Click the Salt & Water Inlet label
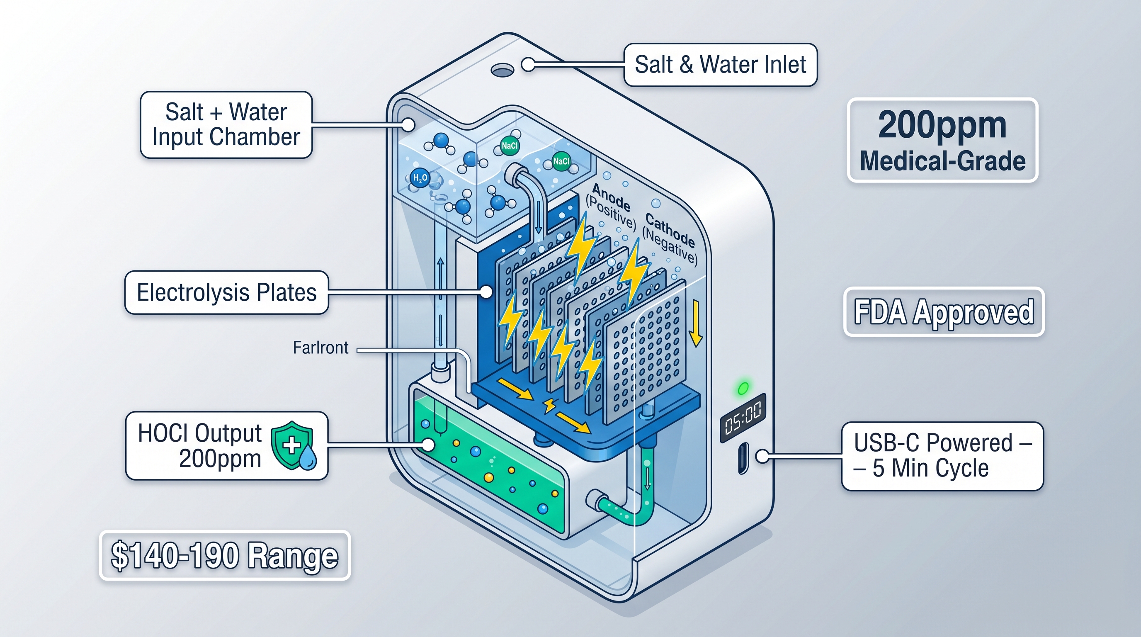coord(720,65)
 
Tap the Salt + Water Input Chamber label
coord(226,124)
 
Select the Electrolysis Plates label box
coord(226,292)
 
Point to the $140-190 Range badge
coord(225,555)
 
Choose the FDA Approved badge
coord(944,312)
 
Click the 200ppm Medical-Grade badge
coord(942,140)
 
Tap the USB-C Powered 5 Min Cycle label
coord(942,456)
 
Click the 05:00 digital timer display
coord(743,417)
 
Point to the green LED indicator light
coord(743,388)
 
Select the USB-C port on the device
coord(743,458)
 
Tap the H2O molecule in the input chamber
coord(419,178)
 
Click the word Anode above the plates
coord(611,197)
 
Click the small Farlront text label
coord(320,348)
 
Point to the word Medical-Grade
coord(942,160)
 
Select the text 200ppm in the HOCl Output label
coord(220,459)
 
